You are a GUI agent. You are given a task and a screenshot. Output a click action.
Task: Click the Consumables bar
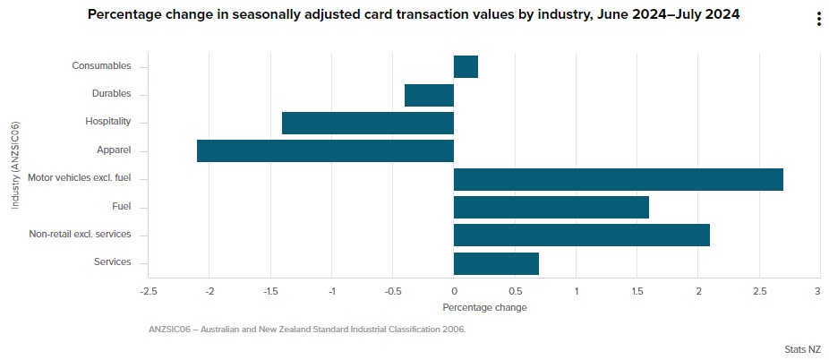(x=466, y=67)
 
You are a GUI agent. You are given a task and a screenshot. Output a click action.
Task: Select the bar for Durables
(x=429, y=95)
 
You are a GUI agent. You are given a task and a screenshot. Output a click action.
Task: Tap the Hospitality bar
(x=368, y=123)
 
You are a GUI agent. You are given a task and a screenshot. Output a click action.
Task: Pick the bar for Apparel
(x=325, y=150)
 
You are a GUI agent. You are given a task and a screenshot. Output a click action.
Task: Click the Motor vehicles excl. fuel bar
(x=618, y=179)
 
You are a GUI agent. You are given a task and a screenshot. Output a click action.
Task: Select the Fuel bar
(x=551, y=207)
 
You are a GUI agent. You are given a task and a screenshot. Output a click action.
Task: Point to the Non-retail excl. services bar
(x=581, y=235)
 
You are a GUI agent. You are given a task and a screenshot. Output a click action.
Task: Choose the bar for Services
(x=496, y=263)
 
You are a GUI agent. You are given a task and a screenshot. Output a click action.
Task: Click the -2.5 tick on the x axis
(x=149, y=292)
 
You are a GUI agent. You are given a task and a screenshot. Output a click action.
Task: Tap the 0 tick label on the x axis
(x=454, y=292)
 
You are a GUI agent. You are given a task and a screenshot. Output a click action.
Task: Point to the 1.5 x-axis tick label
(x=637, y=292)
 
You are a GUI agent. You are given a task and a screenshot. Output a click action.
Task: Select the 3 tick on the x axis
(x=817, y=292)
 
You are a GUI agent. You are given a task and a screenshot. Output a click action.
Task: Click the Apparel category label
(x=114, y=150)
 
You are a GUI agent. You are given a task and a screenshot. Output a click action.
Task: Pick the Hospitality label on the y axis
(x=108, y=121)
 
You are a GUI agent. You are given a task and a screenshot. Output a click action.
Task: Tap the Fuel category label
(x=121, y=206)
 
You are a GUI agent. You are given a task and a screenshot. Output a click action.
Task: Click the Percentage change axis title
(x=484, y=307)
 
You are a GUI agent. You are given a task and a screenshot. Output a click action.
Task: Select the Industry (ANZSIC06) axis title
(x=16, y=165)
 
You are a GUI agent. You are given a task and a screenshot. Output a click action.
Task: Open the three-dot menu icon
(x=818, y=20)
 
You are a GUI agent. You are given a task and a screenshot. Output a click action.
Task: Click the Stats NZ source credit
(x=801, y=349)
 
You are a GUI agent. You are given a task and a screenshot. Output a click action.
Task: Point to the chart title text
(x=413, y=15)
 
